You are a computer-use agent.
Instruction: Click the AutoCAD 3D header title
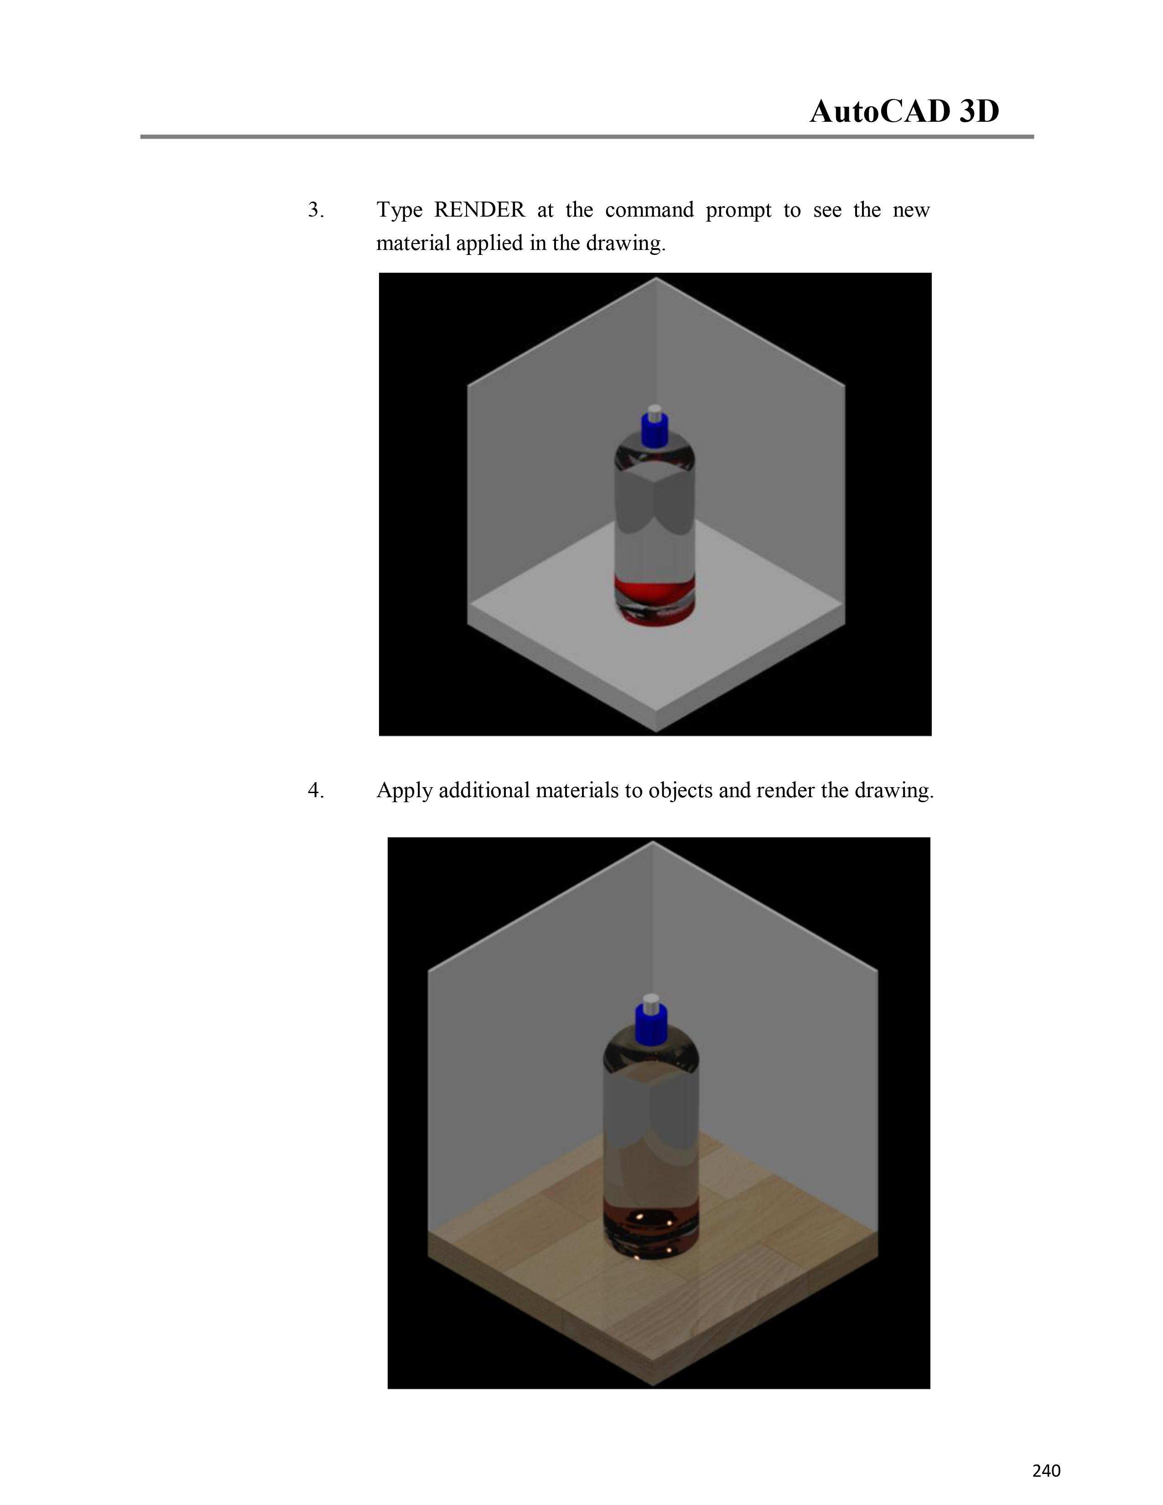point(904,111)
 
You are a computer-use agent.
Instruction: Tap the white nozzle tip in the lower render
point(651,1001)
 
